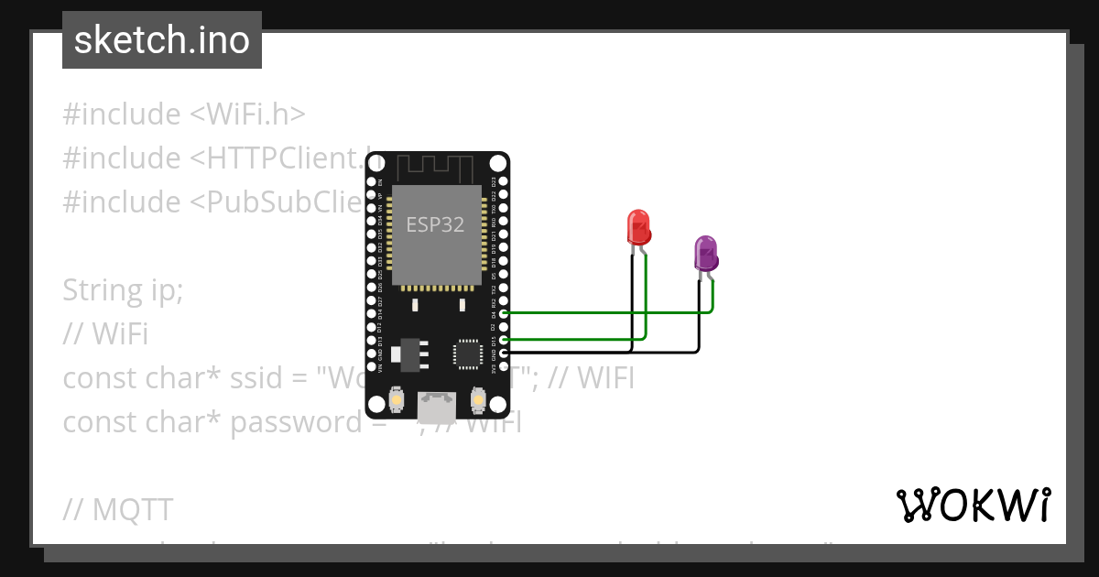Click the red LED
[638, 227]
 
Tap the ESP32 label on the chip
[435, 224]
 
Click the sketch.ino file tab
[162, 40]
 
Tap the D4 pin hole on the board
[503, 313]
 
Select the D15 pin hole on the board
[503, 340]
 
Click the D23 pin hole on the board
[503, 181]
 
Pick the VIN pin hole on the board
[372, 366]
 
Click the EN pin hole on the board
[372, 181]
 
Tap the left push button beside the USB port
[397, 400]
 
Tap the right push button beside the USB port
[477, 400]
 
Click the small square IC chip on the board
[467, 354]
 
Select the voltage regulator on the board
[408, 354]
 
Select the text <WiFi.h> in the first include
[247, 114]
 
